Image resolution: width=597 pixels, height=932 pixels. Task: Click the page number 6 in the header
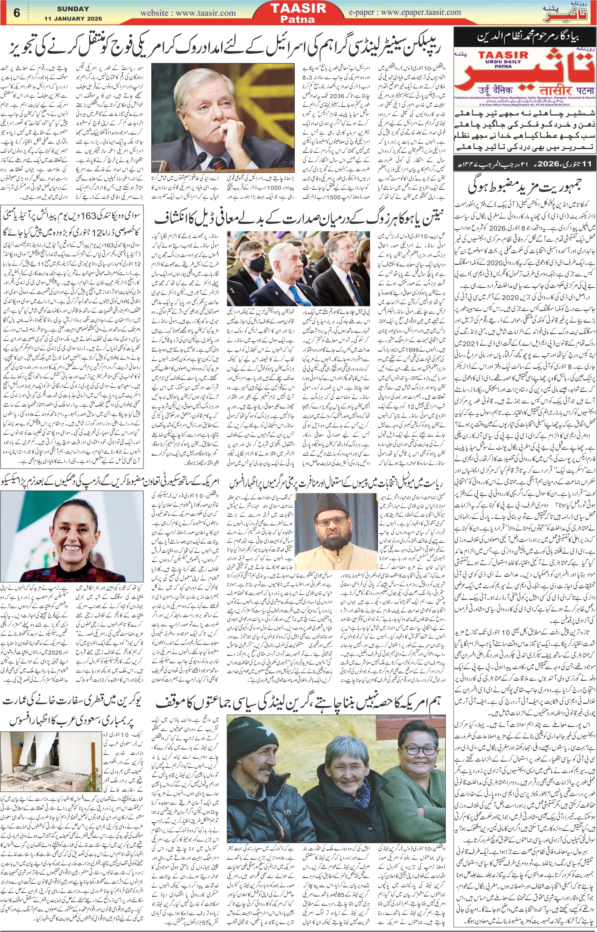pos(16,13)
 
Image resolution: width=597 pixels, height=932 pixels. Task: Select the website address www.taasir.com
pos(188,13)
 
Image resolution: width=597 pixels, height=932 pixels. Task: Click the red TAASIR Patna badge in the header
pos(298,12)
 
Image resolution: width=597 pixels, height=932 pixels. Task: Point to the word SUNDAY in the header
pos(73,9)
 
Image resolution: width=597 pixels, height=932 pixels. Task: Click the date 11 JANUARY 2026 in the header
pos(73,19)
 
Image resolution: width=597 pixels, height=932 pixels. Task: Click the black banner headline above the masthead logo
pos(524,38)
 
